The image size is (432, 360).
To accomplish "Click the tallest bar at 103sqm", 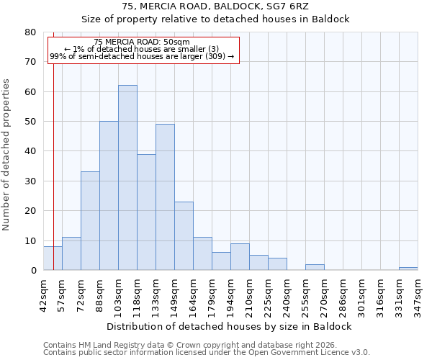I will click(127, 178).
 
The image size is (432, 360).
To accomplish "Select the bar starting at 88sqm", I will click(109, 196).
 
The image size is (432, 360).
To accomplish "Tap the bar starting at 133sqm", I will click(165, 197).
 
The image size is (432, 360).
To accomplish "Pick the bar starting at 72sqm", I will click(90, 221).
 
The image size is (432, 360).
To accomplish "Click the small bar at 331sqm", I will click(408, 269).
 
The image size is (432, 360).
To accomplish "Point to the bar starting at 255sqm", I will click(315, 267).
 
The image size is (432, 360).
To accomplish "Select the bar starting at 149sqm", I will click(184, 236).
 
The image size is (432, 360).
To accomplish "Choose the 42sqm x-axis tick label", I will click(43, 295).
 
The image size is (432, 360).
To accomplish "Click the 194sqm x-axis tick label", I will click(230, 295).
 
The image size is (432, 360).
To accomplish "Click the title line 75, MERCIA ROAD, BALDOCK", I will click(215, 6).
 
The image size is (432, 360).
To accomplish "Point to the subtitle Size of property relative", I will click(215, 19).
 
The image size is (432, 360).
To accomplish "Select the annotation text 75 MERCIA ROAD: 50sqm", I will click(142, 42).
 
